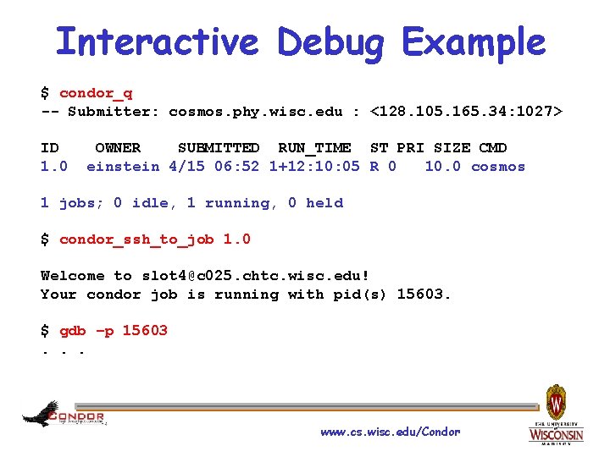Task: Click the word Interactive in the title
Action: click(x=157, y=41)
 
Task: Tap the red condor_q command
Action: click(x=96, y=93)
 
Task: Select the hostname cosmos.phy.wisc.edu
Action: click(x=256, y=112)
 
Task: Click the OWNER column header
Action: click(x=118, y=148)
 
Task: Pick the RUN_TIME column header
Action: click(x=314, y=148)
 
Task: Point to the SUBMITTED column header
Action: click(x=219, y=148)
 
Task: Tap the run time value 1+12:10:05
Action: click(x=314, y=167)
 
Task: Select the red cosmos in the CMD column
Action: click(x=498, y=167)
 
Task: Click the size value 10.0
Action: click(x=443, y=167)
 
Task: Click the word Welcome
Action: click(x=73, y=276)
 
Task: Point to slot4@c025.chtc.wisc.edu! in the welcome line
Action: click(x=255, y=276)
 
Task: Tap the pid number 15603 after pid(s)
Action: click(x=424, y=295)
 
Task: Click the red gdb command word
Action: click(x=73, y=331)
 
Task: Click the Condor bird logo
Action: click(x=42, y=414)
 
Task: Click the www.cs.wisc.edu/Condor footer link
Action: click(x=390, y=432)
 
